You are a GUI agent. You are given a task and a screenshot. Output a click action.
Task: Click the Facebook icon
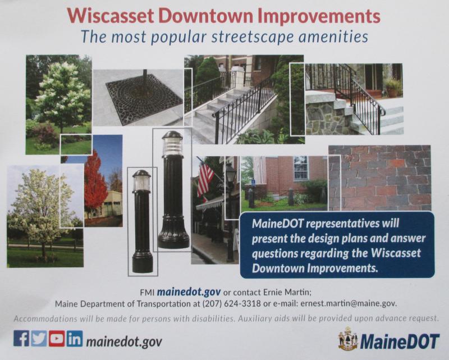(x=21, y=338)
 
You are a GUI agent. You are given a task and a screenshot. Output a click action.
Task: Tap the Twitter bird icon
(x=39, y=338)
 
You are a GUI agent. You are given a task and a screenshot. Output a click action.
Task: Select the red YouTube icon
(x=57, y=338)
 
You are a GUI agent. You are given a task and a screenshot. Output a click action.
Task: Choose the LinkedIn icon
(x=75, y=338)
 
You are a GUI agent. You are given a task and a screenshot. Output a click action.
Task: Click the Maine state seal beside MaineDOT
(x=348, y=339)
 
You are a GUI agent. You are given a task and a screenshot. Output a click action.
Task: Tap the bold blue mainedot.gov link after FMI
(x=189, y=292)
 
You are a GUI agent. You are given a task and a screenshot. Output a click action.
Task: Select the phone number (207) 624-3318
(x=231, y=303)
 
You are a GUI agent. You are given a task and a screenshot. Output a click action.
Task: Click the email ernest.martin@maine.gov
(x=349, y=303)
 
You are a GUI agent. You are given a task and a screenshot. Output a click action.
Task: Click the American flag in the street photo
(x=205, y=180)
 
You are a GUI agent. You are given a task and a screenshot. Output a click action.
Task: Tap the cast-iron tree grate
(x=144, y=99)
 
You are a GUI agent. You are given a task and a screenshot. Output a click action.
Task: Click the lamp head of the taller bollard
(x=172, y=144)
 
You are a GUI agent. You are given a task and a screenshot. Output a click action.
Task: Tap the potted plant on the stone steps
(x=393, y=88)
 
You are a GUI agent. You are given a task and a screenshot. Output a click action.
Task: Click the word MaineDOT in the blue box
(x=277, y=224)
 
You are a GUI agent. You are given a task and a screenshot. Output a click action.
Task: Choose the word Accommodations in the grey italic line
(x=45, y=319)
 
